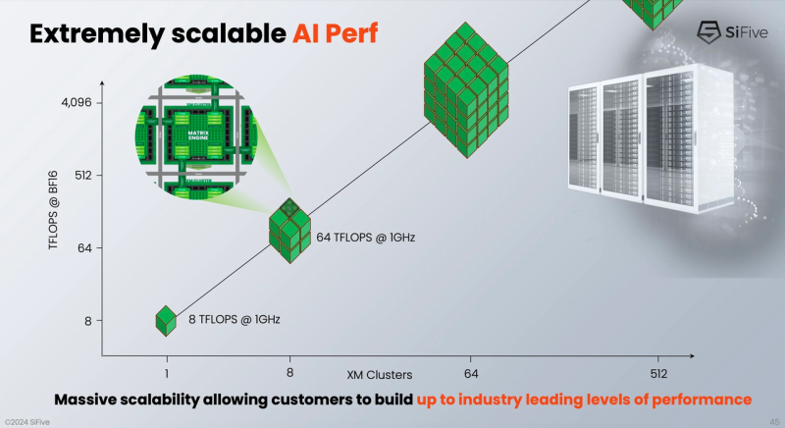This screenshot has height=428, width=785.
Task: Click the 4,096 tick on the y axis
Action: (77, 101)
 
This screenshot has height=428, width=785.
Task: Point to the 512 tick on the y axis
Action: (82, 176)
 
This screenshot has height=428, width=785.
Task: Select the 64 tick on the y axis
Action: (84, 248)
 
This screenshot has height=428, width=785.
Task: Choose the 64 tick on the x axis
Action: (470, 373)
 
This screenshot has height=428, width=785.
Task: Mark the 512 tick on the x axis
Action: (657, 373)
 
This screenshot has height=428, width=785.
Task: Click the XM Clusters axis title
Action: (379, 375)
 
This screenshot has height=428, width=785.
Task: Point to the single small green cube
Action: (166, 318)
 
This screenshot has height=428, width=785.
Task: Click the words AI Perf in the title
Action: (335, 34)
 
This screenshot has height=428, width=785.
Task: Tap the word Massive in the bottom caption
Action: (90, 400)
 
